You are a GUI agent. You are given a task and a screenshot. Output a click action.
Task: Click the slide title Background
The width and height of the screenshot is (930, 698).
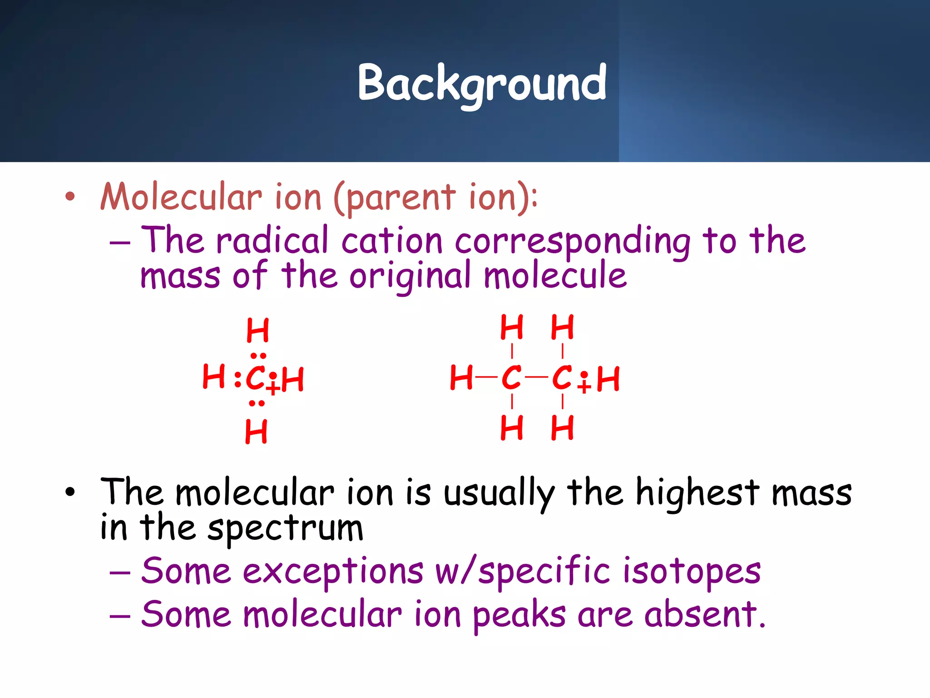[482, 83]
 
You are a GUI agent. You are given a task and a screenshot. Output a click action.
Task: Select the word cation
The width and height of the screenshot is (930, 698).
[391, 241]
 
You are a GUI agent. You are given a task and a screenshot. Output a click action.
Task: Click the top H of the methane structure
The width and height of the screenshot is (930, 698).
[257, 330]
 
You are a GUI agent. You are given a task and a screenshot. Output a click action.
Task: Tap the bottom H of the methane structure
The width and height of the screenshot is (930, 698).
[256, 431]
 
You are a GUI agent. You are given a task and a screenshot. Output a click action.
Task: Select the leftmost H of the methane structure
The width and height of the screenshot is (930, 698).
[213, 377]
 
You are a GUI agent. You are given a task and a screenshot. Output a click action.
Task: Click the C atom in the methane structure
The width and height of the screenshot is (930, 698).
[255, 378]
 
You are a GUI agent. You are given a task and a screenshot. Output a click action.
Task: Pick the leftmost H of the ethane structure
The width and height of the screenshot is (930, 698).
[461, 378]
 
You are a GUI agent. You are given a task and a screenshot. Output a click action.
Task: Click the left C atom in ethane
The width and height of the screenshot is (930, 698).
[511, 378]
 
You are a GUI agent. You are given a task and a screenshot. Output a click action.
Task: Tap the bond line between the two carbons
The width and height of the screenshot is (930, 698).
[536, 377]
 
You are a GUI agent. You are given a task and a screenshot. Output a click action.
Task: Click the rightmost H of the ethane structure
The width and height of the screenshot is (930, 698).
[608, 379]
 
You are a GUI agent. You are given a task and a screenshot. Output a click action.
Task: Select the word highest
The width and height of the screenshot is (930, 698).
[697, 493]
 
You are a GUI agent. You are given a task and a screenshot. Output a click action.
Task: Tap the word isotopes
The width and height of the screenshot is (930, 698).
[691, 571]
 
